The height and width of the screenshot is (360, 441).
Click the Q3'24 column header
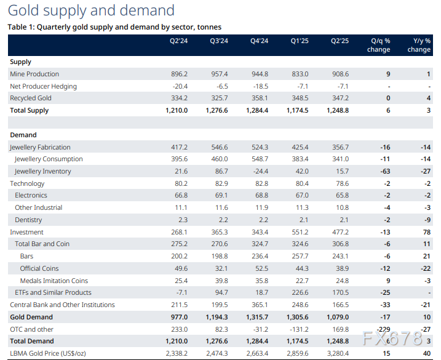coord(219,42)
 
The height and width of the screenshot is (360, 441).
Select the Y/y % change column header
coord(418,46)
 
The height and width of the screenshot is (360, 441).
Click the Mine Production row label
coord(34,74)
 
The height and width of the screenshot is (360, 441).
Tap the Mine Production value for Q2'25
coord(340,74)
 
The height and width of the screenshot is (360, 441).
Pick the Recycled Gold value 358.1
coord(260,98)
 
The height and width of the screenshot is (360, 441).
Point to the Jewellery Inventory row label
coord(42,171)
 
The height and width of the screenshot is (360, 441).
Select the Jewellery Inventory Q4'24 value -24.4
coord(260,171)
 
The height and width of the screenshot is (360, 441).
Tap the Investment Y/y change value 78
coord(426,232)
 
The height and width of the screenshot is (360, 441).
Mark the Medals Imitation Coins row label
coord(54,281)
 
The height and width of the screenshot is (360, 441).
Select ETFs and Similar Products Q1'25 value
coord(300,293)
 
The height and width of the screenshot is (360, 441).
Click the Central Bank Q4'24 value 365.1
coord(260,305)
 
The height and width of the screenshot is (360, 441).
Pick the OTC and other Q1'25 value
coord(298,329)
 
